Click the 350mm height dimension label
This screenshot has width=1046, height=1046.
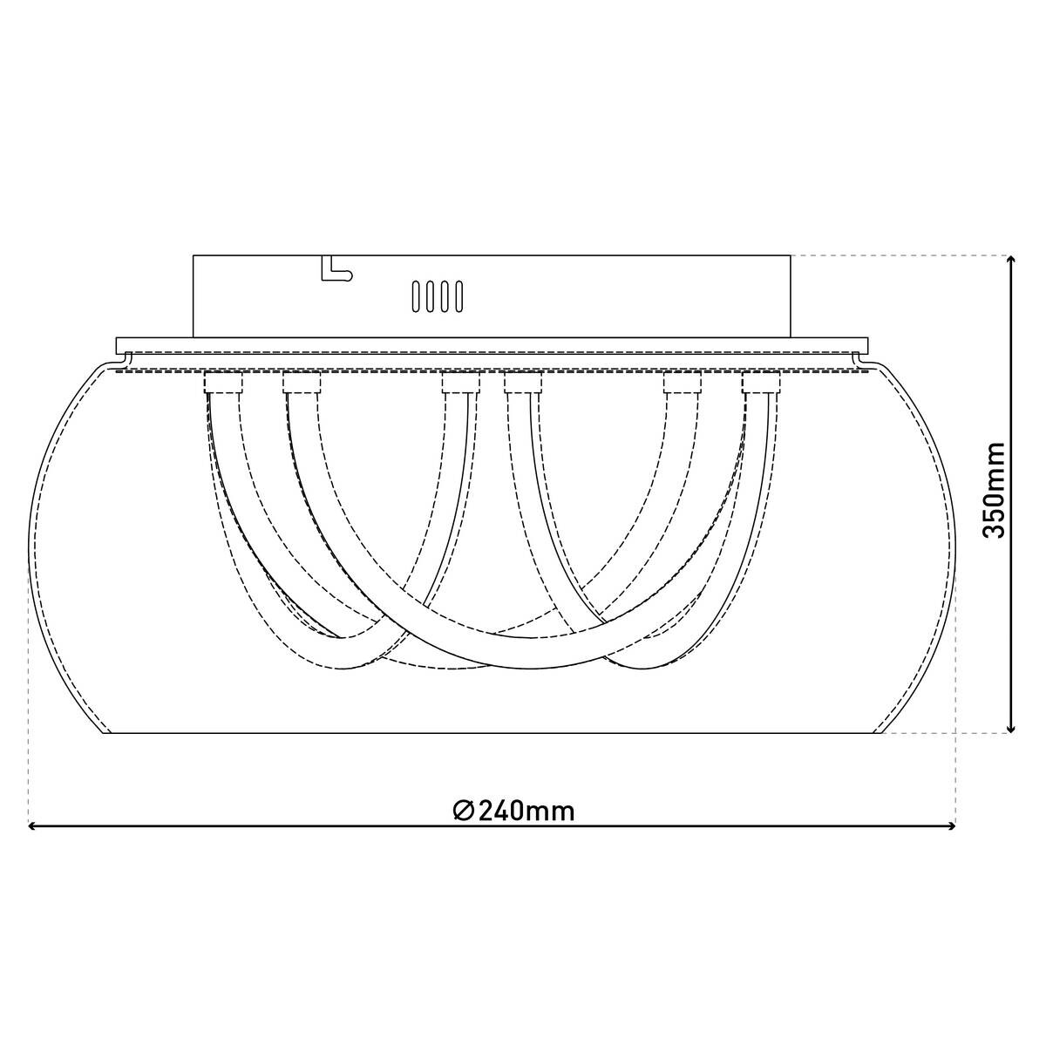point(994,490)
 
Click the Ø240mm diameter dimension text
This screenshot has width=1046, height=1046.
point(514,811)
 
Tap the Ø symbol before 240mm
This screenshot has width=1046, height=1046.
point(464,811)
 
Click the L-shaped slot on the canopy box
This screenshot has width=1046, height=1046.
point(336,270)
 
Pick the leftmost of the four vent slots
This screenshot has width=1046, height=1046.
point(417,295)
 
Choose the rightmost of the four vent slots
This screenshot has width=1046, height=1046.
point(456,295)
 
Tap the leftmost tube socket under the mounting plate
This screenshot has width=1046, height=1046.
point(222,383)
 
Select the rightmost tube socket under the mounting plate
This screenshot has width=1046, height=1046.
point(760,383)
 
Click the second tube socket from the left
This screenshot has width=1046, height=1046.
point(302,383)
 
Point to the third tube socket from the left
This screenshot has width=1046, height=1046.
point(460,383)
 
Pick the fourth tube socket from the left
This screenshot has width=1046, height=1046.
point(523,383)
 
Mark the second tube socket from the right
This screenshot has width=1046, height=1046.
point(683,383)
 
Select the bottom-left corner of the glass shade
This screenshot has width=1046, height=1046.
point(106,734)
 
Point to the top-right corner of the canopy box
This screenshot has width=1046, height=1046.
point(791,255)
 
